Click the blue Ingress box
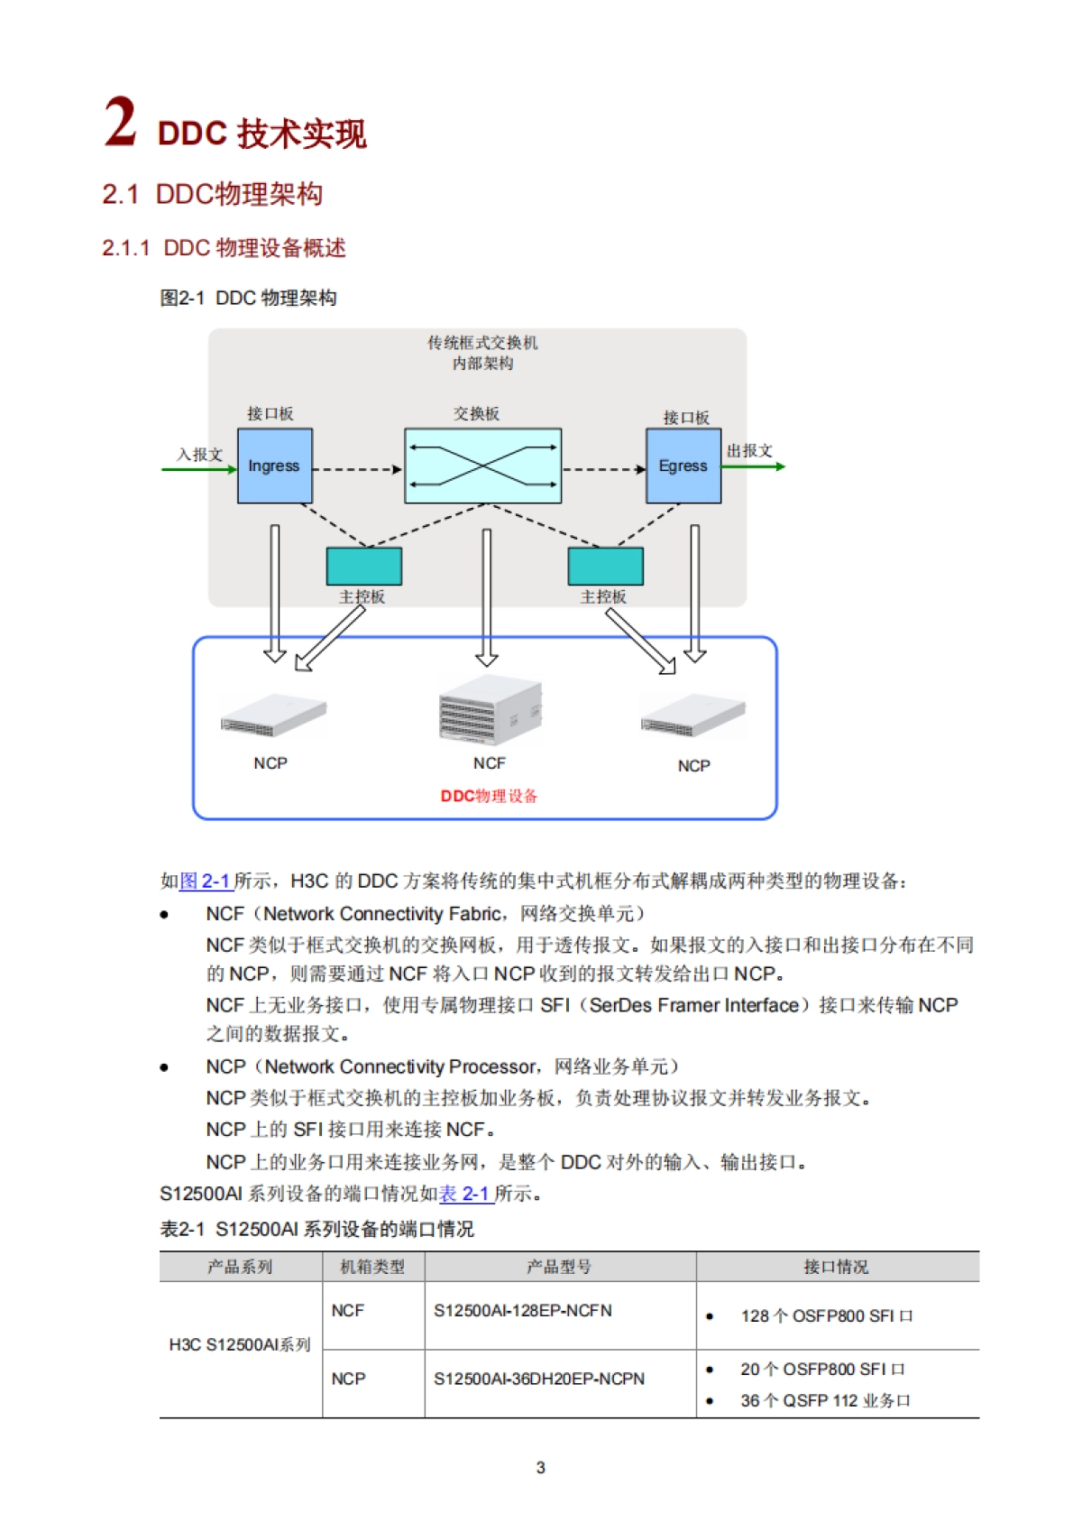tap(274, 466)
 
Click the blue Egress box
tap(683, 466)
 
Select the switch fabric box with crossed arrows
tap(482, 466)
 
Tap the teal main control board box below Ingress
tap(363, 566)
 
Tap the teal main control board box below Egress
tap(605, 566)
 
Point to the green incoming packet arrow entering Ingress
tap(198, 469)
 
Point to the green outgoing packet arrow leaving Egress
tap(754, 466)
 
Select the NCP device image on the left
tap(272, 715)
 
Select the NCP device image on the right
tap(692, 716)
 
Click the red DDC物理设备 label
tap(489, 796)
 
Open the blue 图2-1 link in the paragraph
tap(206, 881)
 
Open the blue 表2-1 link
tap(465, 1194)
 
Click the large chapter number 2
tap(120, 123)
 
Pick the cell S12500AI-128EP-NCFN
tap(522, 1310)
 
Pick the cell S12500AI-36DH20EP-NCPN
tap(538, 1379)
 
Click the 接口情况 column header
tap(836, 1267)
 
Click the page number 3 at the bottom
tap(540, 1468)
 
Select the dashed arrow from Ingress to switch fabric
tap(357, 469)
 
